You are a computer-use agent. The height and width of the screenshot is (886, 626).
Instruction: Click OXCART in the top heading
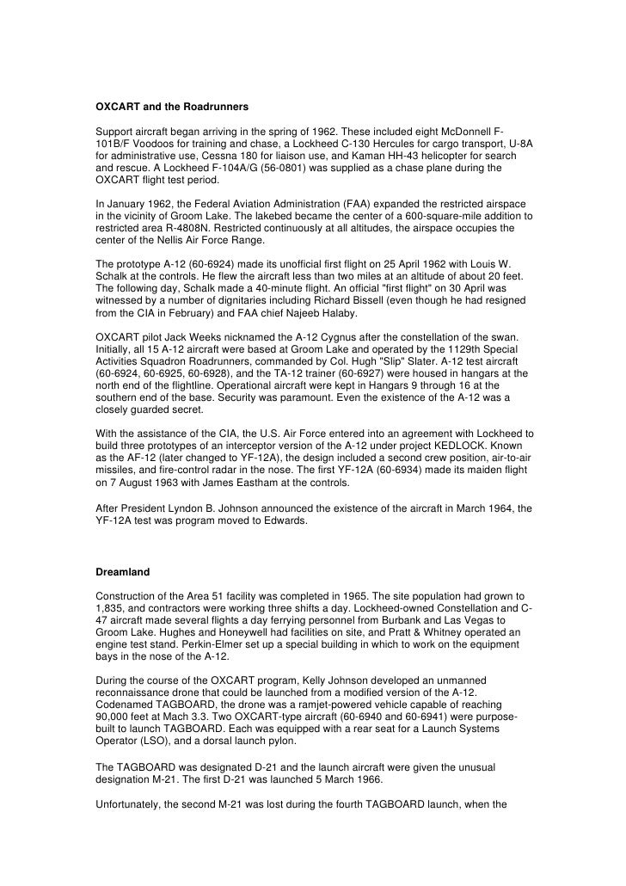pyautogui.click(x=118, y=108)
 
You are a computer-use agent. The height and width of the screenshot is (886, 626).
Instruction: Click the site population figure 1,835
pyautogui.click(x=110, y=610)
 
